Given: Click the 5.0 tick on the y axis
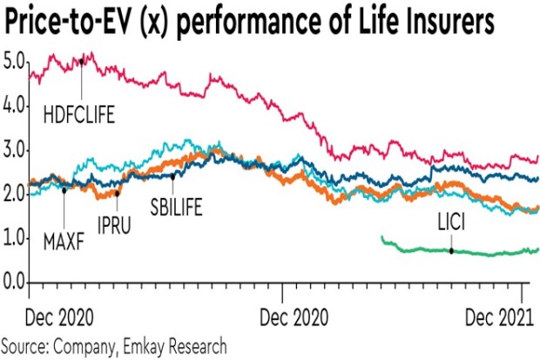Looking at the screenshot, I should (x=15, y=62).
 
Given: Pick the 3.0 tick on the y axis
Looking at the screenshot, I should (x=15, y=151).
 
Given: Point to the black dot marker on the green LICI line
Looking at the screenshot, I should (x=451, y=251).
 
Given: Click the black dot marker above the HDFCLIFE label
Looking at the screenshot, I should (x=81, y=62).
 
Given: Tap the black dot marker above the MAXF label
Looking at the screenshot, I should (x=64, y=189).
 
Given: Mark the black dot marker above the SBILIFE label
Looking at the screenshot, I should (x=172, y=175).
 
